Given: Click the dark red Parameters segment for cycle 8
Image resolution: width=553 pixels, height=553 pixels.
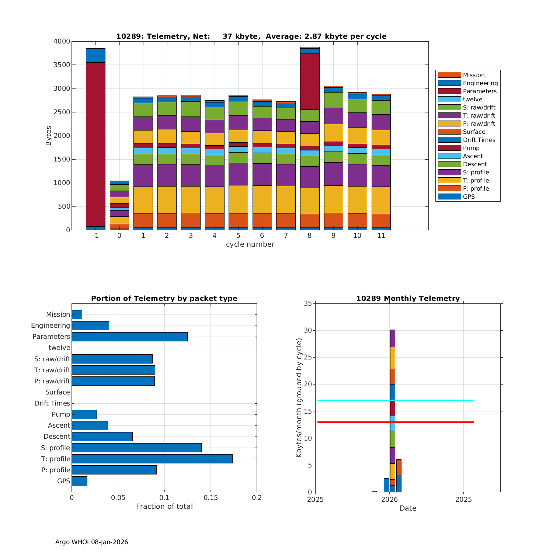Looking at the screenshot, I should click(310, 81).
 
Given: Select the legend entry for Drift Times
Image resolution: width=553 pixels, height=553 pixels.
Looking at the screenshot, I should click(479, 140).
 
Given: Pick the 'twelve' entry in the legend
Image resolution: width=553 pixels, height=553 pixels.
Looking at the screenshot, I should click(472, 99).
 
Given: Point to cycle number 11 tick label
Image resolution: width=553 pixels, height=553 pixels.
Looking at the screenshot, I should click(381, 236).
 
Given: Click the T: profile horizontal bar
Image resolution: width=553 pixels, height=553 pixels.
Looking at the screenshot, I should click(152, 459).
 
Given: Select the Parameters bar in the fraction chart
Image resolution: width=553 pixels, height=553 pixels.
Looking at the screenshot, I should click(129, 337).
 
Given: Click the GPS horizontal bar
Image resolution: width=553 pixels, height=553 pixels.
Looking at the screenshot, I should click(79, 481).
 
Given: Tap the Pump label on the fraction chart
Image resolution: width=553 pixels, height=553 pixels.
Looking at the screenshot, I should click(61, 414).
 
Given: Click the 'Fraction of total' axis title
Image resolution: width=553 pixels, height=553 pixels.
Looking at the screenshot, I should click(164, 507).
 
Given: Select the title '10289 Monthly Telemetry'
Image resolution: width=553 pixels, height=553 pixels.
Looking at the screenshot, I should click(408, 299).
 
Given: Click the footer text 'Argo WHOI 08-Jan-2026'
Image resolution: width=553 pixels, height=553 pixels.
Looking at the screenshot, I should click(91, 542).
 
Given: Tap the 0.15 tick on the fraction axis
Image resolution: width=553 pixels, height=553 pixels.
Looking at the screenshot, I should click(211, 498).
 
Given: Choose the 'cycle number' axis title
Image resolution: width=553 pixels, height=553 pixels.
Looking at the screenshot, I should click(250, 244).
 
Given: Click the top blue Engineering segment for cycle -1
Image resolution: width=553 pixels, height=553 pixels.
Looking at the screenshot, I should click(95, 55).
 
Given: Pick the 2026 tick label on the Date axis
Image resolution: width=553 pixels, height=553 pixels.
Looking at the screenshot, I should click(389, 500).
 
